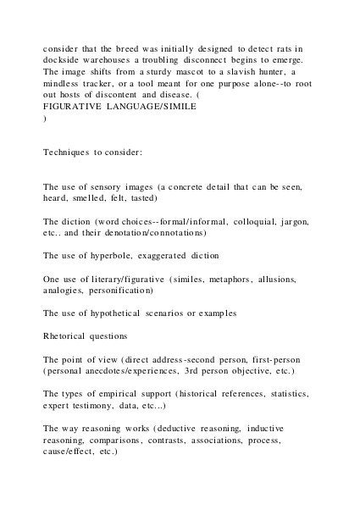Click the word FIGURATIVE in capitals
pyautogui.click(x=74, y=108)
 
